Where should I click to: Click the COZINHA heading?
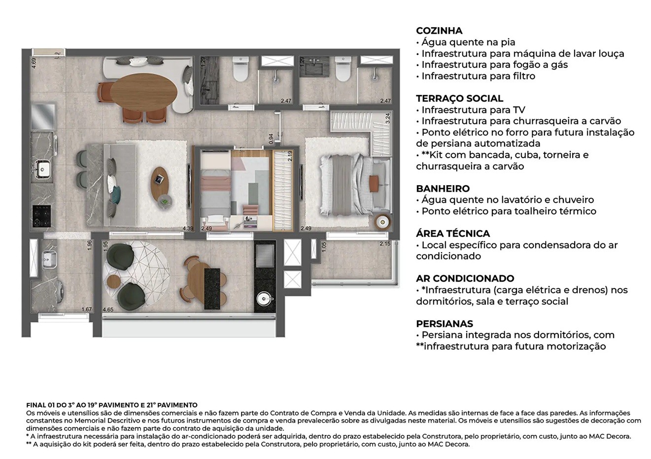(x=439, y=31)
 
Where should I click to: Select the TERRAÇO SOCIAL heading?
(x=459, y=98)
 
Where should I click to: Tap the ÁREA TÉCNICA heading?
(x=452, y=233)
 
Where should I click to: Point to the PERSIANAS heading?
(x=444, y=324)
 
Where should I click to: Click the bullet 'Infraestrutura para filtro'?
(x=478, y=76)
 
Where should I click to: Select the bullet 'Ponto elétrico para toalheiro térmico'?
(x=509, y=211)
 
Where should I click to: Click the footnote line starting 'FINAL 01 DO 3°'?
(x=111, y=405)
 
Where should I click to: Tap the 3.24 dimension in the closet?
(x=388, y=118)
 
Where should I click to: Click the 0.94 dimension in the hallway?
(x=271, y=139)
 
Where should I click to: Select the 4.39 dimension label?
(x=187, y=229)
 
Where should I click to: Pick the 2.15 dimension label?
(x=385, y=244)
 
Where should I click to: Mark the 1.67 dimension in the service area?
(x=87, y=309)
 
